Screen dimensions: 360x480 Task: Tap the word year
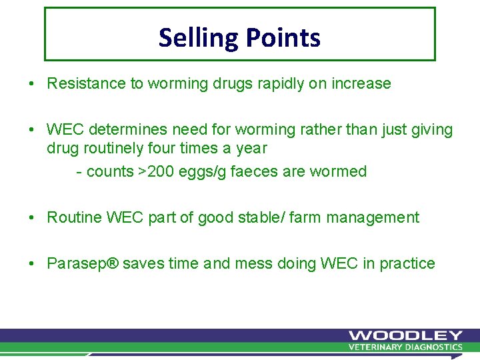250,149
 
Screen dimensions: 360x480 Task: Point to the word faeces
254,171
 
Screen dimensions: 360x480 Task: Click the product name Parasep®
83,264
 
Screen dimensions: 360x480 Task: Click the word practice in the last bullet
407,264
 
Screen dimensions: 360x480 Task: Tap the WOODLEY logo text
405,335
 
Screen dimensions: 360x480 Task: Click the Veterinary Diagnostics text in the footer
405,347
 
